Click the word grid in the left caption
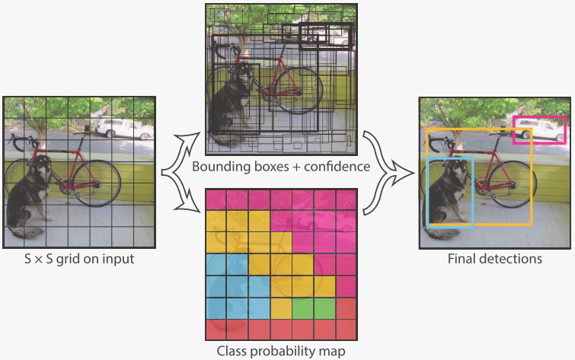pyautogui.click(x=69, y=260)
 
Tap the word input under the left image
pyautogui.click(x=118, y=260)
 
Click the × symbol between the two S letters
pyautogui.click(x=39, y=260)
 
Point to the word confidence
pyautogui.click(x=337, y=167)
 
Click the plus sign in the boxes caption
pyautogui.click(x=296, y=167)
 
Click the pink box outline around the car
pyautogui.click(x=539, y=130)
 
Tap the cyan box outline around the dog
pyautogui.click(x=450, y=192)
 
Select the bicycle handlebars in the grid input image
pyautogui.click(x=23, y=142)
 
